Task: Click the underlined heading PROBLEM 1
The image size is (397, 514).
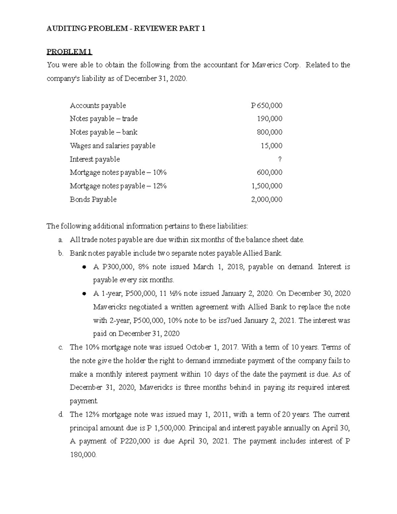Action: (69, 52)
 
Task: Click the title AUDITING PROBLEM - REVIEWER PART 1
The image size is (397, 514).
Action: (126, 28)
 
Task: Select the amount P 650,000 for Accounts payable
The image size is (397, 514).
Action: (267, 106)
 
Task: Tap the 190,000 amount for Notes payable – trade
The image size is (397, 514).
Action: (270, 118)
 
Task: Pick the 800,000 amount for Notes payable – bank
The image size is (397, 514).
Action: (270, 132)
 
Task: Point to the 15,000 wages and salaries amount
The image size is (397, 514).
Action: (271, 146)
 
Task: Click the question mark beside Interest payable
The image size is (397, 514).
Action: (280, 159)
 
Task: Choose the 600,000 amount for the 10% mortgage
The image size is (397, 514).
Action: (270, 172)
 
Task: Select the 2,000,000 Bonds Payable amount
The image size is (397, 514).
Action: (267, 199)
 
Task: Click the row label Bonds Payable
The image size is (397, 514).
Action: (93, 199)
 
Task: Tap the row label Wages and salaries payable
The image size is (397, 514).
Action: (112, 146)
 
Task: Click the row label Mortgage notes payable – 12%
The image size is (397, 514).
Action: (118, 186)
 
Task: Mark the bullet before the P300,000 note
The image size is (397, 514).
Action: (84, 267)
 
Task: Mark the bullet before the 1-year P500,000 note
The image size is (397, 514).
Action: (84, 294)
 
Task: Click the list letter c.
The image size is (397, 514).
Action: (61, 347)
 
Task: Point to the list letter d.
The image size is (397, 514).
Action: (61, 414)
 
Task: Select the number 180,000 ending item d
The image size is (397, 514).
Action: (83, 455)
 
